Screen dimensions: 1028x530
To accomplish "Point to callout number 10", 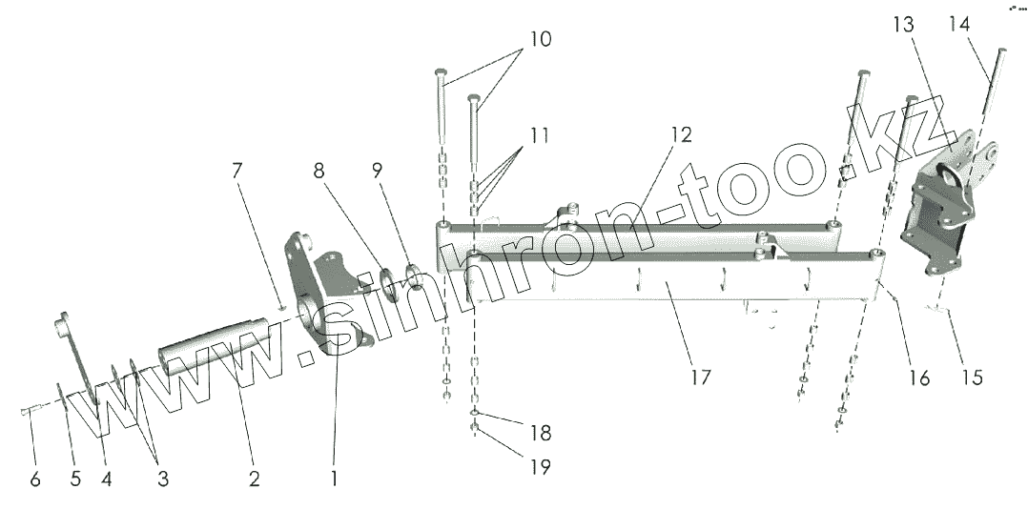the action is pyautogui.click(x=540, y=40).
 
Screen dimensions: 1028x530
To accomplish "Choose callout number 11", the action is pyautogui.click(x=540, y=135).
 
